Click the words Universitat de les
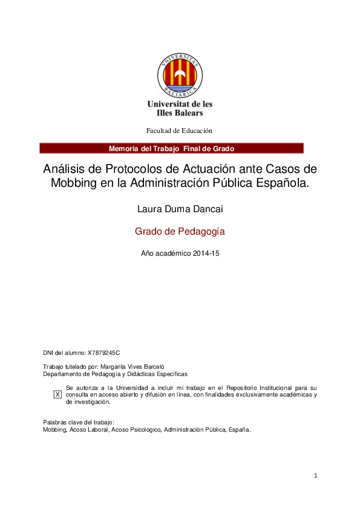(180, 104)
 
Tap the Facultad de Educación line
(179, 131)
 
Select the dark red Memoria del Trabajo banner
(171, 149)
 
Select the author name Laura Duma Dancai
(179, 210)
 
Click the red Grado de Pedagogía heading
(179, 231)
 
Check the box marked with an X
(58, 394)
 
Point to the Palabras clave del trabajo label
(79, 423)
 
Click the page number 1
(316, 476)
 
